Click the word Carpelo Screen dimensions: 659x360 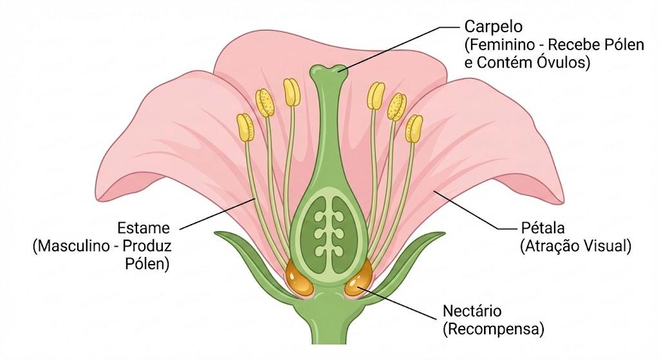click(494, 27)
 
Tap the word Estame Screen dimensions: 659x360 click(144, 228)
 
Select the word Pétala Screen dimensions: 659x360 click(543, 228)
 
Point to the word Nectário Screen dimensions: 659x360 click(472, 311)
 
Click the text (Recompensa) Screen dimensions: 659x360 click(494, 329)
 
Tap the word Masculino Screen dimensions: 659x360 click(71, 246)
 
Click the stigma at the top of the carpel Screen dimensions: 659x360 click(329, 71)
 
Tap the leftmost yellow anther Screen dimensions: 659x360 click(245, 127)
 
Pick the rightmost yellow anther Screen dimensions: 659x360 click(414, 129)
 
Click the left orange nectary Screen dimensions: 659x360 click(299, 278)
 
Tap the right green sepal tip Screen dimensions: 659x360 click(444, 233)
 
